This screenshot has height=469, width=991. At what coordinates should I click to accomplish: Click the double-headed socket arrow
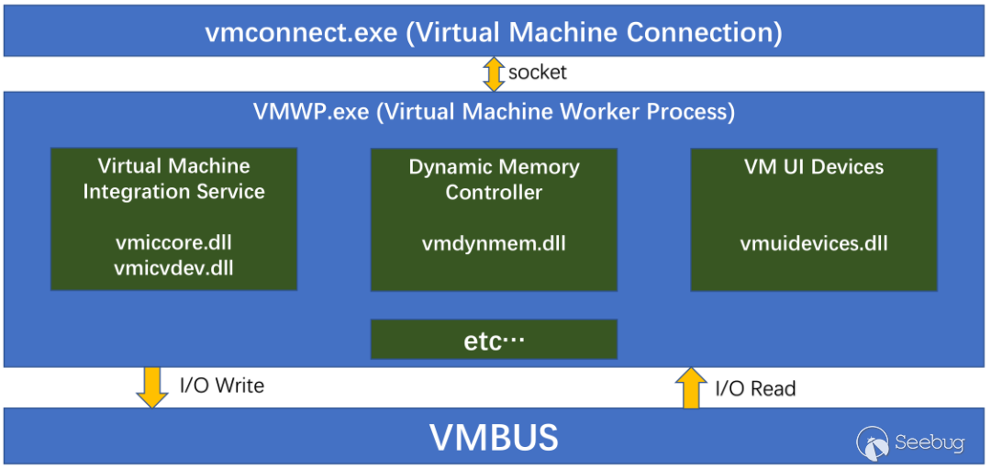click(x=494, y=73)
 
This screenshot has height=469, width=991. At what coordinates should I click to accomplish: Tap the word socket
click(x=538, y=72)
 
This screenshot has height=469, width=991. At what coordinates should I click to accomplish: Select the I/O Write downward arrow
click(x=151, y=385)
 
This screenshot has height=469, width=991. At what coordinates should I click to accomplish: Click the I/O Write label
click(x=221, y=385)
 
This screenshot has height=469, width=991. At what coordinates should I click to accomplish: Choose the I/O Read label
click(x=755, y=388)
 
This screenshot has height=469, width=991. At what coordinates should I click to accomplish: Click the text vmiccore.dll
click(x=174, y=243)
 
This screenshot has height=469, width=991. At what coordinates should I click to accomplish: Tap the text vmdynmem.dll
click(x=494, y=244)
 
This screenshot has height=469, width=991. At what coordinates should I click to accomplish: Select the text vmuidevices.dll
click(x=814, y=244)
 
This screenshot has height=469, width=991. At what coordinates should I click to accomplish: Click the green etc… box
click(x=494, y=340)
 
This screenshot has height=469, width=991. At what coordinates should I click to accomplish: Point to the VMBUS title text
click(x=494, y=438)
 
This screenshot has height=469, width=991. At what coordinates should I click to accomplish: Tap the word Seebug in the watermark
click(x=929, y=443)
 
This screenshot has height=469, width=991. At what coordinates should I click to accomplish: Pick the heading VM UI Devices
click(x=814, y=167)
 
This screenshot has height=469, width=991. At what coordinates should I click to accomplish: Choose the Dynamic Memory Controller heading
click(x=494, y=180)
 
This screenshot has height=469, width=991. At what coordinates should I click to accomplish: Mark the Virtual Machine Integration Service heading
click(x=174, y=179)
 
